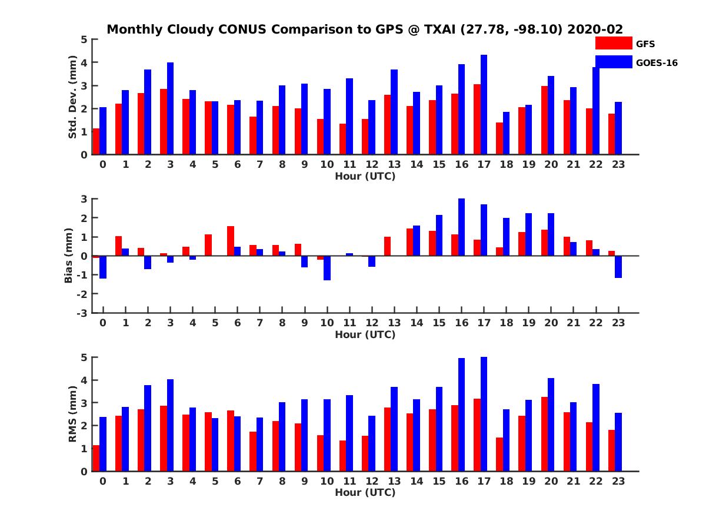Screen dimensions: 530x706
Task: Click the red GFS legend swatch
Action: (x=613, y=43)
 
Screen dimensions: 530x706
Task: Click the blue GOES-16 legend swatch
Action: (x=613, y=62)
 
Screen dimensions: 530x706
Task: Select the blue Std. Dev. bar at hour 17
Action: (x=484, y=105)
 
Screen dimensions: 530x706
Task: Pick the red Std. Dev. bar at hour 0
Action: (x=96, y=141)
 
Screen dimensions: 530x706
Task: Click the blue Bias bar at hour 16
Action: (x=461, y=227)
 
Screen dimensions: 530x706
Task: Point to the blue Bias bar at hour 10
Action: (x=327, y=268)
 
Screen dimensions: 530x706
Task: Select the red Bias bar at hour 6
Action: (x=231, y=241)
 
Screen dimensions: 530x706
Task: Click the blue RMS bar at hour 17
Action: (x=484, y=414)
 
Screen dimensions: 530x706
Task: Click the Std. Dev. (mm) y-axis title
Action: (x=73, y=97)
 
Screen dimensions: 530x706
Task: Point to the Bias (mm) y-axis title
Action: (x=68, y=255)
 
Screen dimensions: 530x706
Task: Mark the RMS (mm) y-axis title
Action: (x=73, y=414)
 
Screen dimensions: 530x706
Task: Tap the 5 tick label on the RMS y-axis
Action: (x=84, y=357)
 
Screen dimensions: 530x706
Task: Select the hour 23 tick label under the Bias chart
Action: (x=617, y=323)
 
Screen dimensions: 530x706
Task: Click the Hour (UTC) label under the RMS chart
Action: (x=365, y=492)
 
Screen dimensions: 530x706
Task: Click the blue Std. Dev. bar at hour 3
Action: (x=171, y=108)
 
